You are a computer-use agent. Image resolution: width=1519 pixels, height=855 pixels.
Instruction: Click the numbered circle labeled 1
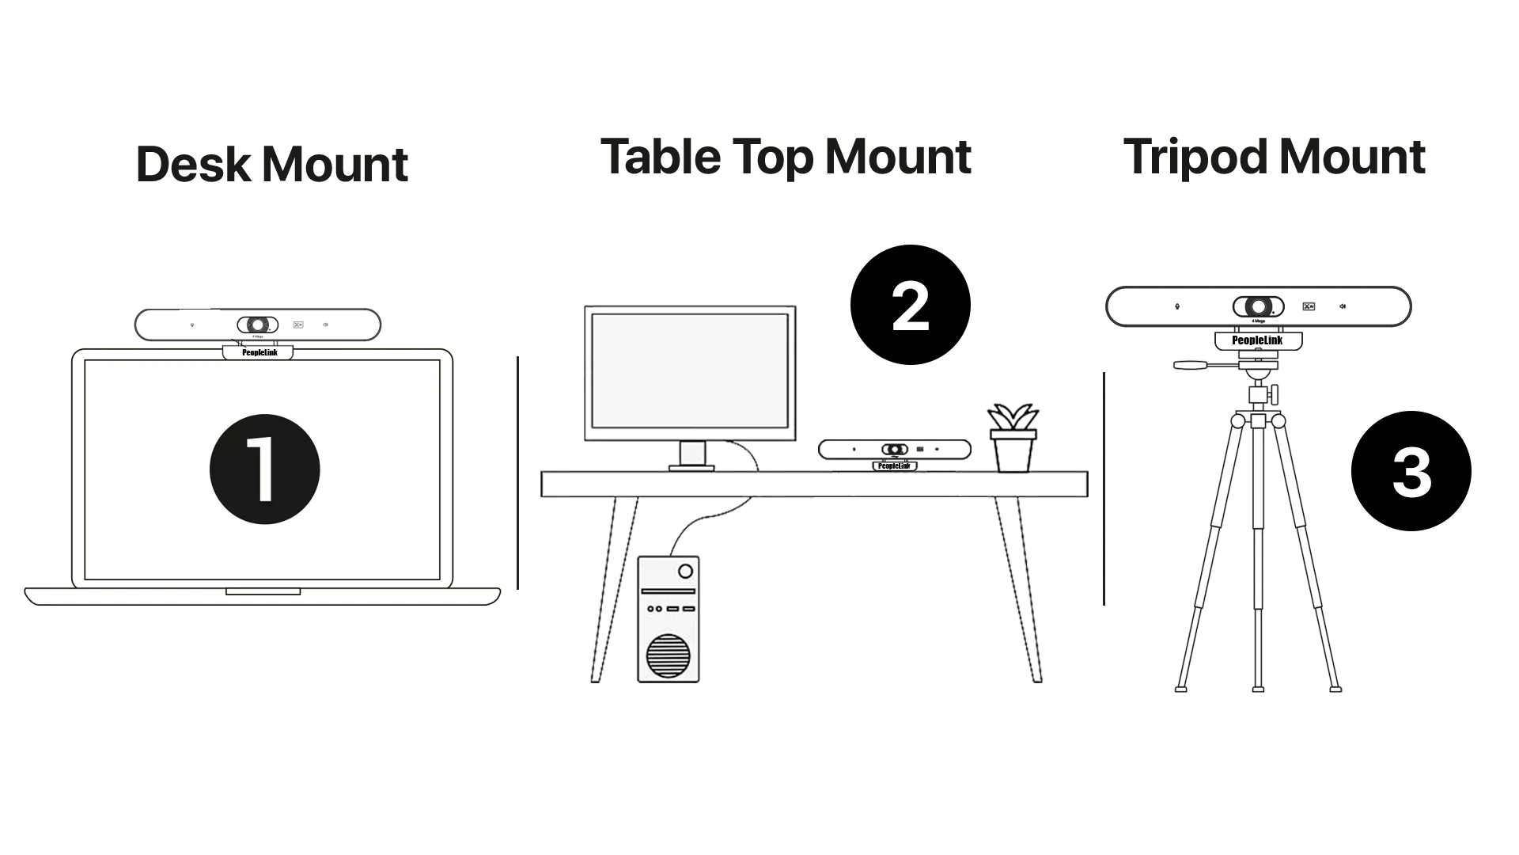coord(264,469)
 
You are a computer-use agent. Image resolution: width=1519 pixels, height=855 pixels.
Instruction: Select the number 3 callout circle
coord(1411,473)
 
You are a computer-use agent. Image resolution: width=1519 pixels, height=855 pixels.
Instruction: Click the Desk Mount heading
coord(271,165)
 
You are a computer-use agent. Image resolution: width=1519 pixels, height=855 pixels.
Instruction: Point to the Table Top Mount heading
coord(784,158)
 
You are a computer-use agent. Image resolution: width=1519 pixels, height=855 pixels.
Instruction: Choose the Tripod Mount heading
coord(1279,158)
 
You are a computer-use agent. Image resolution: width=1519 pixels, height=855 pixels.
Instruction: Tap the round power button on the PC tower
coord(685,571)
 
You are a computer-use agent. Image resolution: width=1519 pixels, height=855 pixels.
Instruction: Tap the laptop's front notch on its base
coord(263,591)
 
